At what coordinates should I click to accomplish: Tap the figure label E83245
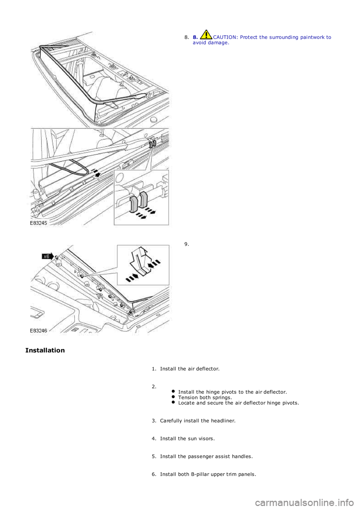click(x=39, y=222)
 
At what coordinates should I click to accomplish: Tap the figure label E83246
click(x=39, y=331)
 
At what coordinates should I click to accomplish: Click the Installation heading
click(x=45, y=350)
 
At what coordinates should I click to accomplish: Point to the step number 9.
click(x=186, y=244)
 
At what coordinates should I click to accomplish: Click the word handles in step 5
click(x=242, y=457)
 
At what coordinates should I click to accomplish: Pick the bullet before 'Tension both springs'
click(x=174, y=397)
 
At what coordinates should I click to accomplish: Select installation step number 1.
click(x=154, y=368)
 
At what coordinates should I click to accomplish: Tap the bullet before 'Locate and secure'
click(x=174, y=403)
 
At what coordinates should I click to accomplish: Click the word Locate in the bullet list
click(x=186, y=403)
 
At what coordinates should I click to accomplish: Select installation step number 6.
click(x=154, y=474)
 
